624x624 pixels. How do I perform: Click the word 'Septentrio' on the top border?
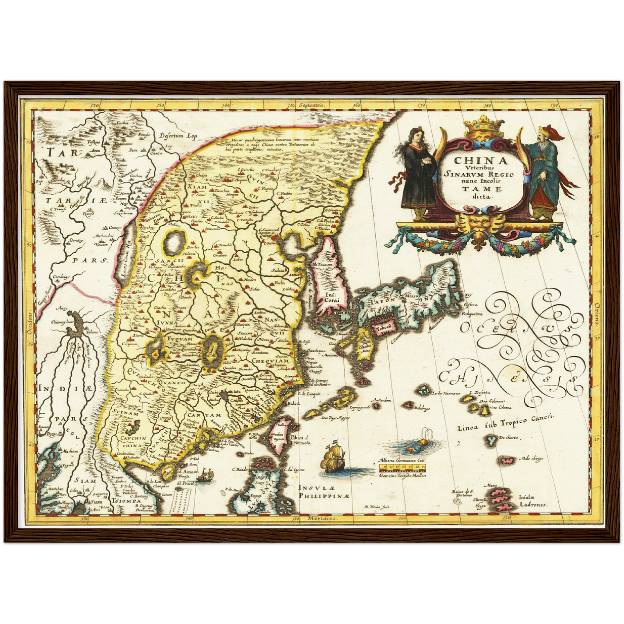(x=310, y=105)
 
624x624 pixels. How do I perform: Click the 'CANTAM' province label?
(x=204, y=416)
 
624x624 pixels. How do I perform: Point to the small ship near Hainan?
(x=206, y=475)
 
